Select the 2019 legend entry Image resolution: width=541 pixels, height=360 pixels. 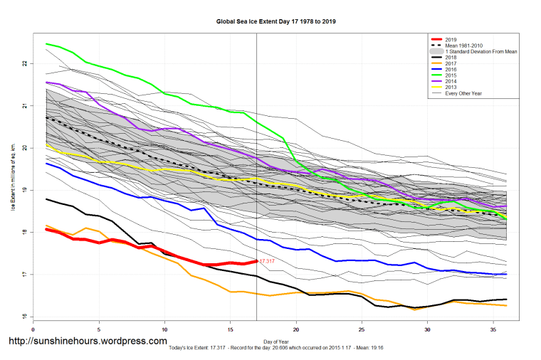pyautogui.click(x=449, y=39)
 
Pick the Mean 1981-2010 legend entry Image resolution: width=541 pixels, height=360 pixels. pyautogui.click(x=460, y=46)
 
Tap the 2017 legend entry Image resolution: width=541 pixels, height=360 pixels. pyautogui.click(x=449, y=64)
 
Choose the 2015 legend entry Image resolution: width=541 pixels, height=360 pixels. pyautogui.click(x=449, y=76)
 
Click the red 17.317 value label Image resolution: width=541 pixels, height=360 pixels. pyautogui.click(x=267, y=262)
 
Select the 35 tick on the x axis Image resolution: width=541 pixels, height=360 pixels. pyautogui.click(x=493, y=329)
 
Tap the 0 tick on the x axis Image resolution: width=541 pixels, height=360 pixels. pyautogui.click(x=33, y=329)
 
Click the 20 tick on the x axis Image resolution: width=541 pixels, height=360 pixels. pyautogui.click(x=296, y=329)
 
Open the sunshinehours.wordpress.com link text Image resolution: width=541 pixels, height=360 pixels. pyautogui.click(x=87, y=341)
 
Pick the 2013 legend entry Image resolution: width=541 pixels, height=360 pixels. pyautogui.click(x=449, y=88)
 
